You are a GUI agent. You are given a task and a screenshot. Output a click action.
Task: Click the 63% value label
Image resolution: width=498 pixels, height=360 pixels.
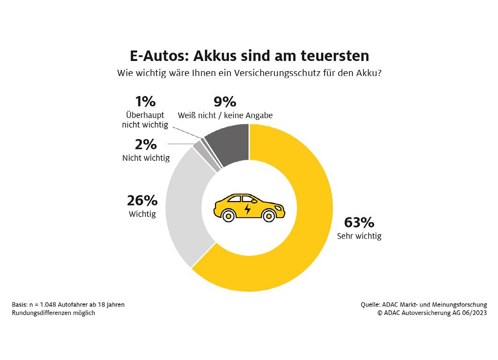coord(359,222)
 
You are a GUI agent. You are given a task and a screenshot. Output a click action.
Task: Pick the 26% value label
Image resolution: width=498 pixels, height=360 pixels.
coord(142,201)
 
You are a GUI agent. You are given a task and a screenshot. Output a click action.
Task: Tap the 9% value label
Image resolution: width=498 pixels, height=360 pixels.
coord(225,102)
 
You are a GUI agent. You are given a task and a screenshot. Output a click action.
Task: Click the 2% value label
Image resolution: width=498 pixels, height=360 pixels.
coord(145,144)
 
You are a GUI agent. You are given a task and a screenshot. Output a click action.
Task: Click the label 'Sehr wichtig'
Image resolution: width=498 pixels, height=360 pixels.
coord(359,236)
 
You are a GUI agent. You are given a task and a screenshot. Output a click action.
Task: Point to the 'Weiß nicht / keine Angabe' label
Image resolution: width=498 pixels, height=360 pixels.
coord(225,115)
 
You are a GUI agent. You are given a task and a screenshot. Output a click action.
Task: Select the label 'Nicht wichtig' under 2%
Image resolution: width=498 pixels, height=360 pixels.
coord(146,158)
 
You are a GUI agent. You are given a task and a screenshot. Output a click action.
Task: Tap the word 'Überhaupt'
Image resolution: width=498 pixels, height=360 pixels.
coord(145,115)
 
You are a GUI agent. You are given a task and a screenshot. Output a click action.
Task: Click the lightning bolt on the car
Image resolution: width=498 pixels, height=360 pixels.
coord(247,208)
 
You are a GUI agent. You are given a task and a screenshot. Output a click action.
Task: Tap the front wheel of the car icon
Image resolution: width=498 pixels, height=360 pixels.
coord(268,216)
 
